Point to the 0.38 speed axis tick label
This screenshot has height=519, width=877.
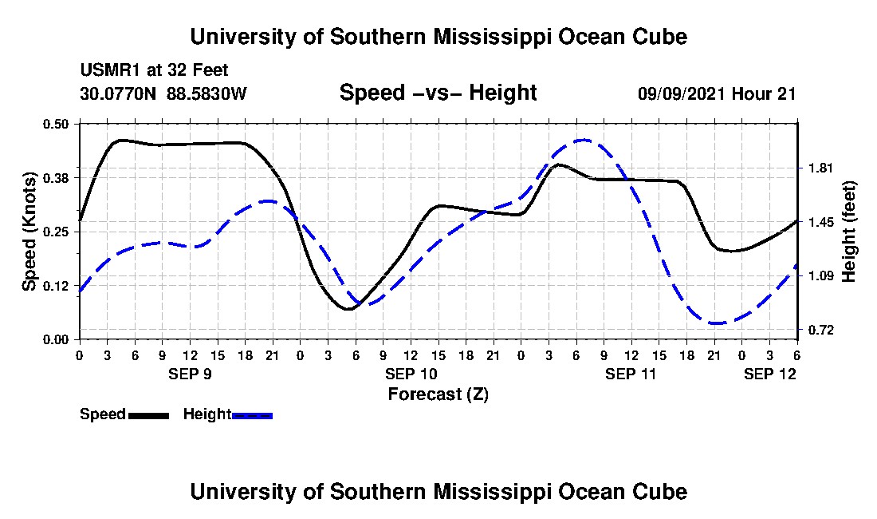58,176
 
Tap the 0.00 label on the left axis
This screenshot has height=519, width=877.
58,339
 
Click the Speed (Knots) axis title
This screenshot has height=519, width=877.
29,232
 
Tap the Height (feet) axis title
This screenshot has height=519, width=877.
849,232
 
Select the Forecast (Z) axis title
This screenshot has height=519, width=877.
438,394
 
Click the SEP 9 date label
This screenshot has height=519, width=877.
190,373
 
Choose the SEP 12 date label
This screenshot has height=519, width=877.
769,373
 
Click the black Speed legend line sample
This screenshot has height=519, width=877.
148,415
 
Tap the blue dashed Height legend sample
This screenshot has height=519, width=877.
253,415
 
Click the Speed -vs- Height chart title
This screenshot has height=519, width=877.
438,93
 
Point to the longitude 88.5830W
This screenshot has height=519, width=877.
206,93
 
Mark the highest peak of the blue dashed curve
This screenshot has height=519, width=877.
583,140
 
